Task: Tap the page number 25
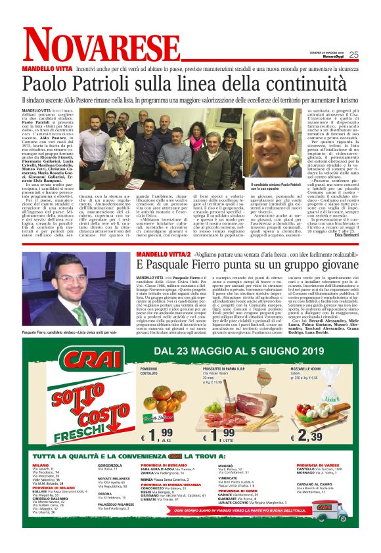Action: [x=353, y=55]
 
